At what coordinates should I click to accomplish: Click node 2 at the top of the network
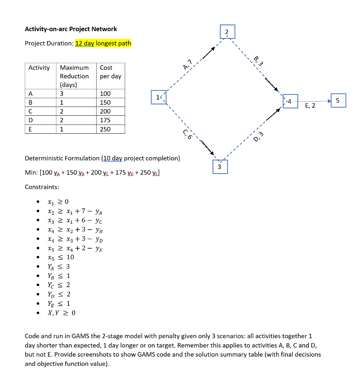pyautogui.click(x=227, y=32)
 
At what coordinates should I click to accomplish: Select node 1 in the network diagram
pyautogui.click(x=158, y=98)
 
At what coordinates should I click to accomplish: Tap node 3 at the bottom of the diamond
pyautogui.click(x=220, y=167)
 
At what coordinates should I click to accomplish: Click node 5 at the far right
pyautogui.click(x=338, y=100)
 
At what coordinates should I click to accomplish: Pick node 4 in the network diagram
pyautogui.click(x=290, y=100)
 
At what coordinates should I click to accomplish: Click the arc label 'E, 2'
pyautogui.click(x=310, y=106)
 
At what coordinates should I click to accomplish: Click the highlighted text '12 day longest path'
pyautogui.click(x=103, y=43)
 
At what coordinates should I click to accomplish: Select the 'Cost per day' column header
pyautogui.click(x=110, y=72)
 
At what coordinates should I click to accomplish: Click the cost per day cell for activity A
pyautogui.click(x=105, y=94)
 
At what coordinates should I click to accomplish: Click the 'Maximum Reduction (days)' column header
pyautogui.click(x=74, y=76)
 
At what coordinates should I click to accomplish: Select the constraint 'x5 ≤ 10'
pyautogui.click(x=61, y=257)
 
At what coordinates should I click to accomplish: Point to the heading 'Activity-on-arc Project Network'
pyautogui.click(x=71, y=29)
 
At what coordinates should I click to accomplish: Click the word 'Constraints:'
pyautogui.click(x=42, y=187)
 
